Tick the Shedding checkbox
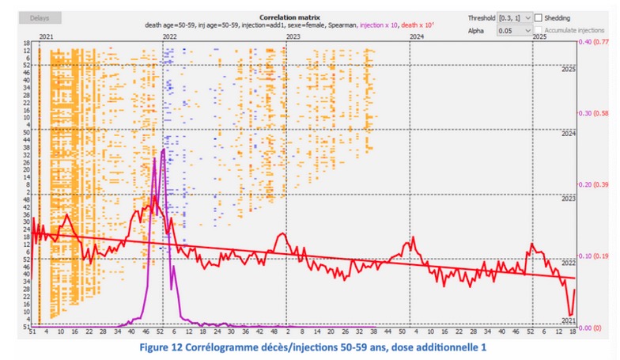539,17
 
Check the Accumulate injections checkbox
539,30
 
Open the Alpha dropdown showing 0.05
514,30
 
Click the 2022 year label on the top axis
168,36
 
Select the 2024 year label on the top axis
416,36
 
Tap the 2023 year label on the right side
568,199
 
